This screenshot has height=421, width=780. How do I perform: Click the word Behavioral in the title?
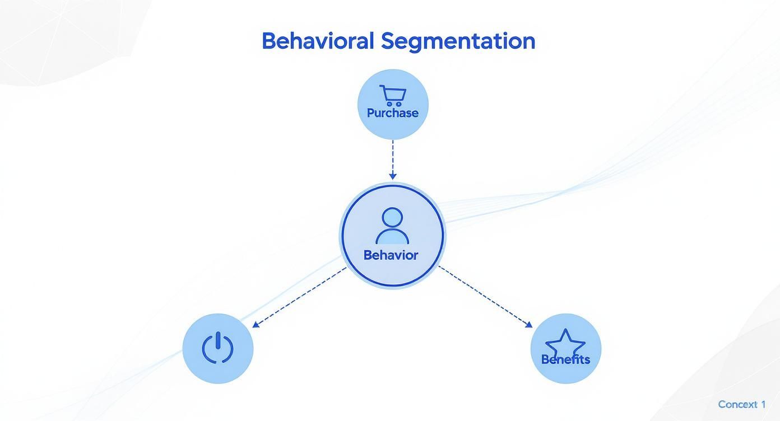[x=318, y=41]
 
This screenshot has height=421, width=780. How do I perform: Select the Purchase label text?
[x=393, y=113]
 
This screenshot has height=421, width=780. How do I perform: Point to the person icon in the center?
[x=392, y=226]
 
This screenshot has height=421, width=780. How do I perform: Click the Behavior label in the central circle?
[x=391, y=255]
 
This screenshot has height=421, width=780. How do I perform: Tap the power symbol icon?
[x=217, y=348]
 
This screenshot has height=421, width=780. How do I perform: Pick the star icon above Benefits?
[x=565, y=343]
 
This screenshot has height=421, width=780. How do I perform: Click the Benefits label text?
[x=565, y=359]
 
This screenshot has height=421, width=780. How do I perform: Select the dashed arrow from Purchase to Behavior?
[x=393, y=160]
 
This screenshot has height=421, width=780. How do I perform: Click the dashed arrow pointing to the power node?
[x=299, y=297]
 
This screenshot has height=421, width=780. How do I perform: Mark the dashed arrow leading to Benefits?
[x=485, y=297]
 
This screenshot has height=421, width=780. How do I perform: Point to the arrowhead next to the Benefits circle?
[x=529, y=325]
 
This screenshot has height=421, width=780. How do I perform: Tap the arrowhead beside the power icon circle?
[x=256, y=325]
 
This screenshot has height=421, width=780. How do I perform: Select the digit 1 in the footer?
[x=763, y=404]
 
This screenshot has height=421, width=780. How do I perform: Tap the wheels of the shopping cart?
[x=394, y=104]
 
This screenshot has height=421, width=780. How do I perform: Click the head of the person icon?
[x=392, y=218]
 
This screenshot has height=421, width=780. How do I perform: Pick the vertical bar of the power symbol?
[x=218, y=340]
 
